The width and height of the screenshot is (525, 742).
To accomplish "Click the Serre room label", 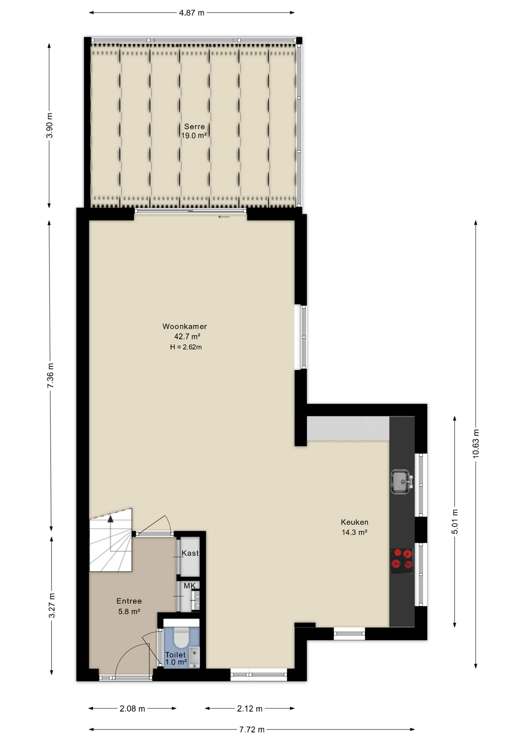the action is coord(194,126).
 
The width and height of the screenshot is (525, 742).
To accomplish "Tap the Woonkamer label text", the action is coord(185,327).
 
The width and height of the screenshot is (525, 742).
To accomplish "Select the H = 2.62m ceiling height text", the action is coord(186,347).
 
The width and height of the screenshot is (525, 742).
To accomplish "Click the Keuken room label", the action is coord(355,522).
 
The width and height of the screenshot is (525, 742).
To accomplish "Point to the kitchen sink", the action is coord(401,482).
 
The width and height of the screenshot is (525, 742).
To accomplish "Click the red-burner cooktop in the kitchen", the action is coord(402,561).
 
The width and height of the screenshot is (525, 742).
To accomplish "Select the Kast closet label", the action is coord(190,553).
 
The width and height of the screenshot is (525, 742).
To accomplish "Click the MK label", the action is coord(189,586).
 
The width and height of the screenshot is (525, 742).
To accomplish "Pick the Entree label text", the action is coord(129,601).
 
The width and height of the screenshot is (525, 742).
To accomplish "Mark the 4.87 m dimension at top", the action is coord(192,13).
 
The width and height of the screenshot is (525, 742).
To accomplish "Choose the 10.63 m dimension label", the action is coord(476,444).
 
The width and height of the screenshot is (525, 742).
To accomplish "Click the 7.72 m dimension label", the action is coord(252,730).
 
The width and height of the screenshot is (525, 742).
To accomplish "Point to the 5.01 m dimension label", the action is coord(455,522).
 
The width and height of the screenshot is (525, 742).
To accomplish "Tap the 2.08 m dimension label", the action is coord(132,708).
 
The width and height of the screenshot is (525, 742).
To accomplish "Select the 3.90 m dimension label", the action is coord(49,125).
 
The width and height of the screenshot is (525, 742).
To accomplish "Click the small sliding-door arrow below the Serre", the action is coord(224,217).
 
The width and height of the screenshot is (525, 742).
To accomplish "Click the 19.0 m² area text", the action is coord(194,136).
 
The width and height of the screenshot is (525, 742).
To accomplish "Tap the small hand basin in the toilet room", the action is coord(195,657).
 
